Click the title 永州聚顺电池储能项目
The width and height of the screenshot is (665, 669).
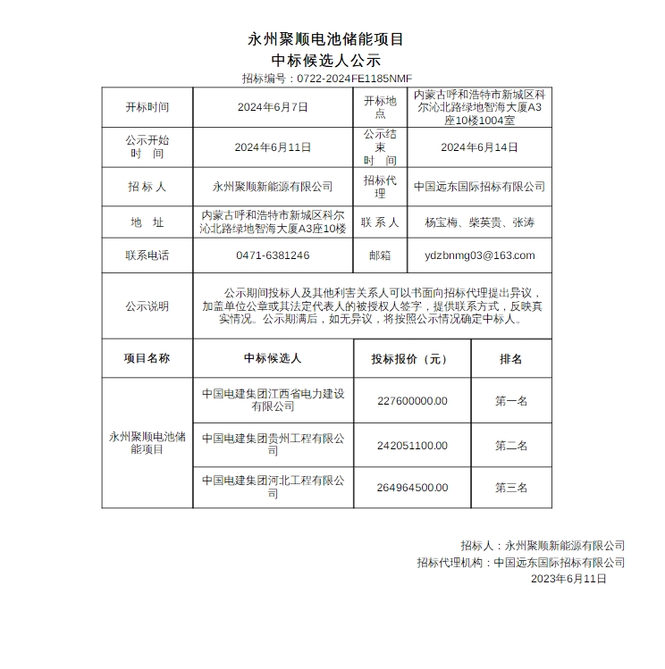coord(325,39)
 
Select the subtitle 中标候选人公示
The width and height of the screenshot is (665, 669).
coord(325,60)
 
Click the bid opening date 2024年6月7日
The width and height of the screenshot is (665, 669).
coord(273,107)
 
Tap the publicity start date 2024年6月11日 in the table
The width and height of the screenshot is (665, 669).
coord(273,147)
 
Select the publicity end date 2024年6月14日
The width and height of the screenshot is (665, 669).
coord(479,147)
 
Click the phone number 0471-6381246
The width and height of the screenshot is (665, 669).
coord(273,255)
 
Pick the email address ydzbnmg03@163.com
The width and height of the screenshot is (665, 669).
coord(479,255)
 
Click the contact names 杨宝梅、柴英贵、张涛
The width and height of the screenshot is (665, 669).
coord(479,222)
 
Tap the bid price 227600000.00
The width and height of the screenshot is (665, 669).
coord(412,401)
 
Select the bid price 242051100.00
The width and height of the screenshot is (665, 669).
coord(412,446)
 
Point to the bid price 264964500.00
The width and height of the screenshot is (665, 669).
coord(412,488)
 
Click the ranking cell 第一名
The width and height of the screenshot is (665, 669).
coord(511,401)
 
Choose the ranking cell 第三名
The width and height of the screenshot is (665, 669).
coord(511,488)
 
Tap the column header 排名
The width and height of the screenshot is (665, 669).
coord(511,359)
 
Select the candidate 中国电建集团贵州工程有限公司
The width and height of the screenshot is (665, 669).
coord(273,445)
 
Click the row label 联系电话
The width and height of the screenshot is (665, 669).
coord(147,255)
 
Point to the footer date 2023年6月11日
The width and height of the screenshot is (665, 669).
coord(568,579)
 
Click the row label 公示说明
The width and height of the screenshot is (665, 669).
coord(147,306)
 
